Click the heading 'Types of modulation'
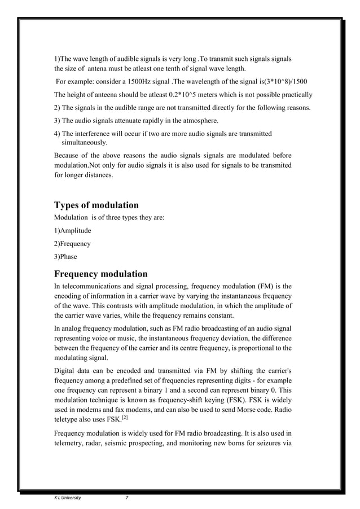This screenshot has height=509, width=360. [x=96, y=205]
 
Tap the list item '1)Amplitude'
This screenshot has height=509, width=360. [x=72, y=230]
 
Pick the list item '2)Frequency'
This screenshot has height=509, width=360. [x=72, y=244]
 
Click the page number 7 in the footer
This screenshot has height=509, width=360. [x=126, y=497]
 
